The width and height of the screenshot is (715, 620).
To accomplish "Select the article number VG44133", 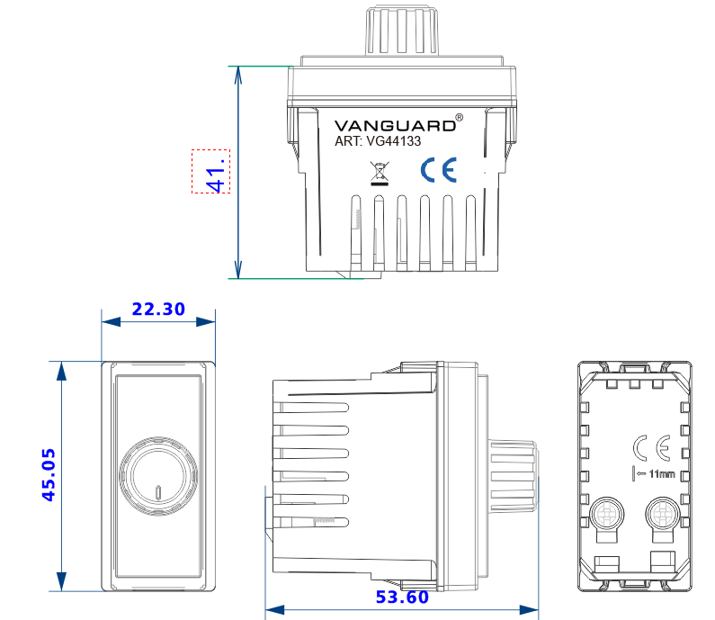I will (391, 141).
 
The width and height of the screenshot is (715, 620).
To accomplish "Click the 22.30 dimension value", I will (158, 310).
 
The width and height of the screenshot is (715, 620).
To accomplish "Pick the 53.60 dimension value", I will (402, 597).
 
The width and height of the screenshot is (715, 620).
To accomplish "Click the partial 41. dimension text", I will (213, 171).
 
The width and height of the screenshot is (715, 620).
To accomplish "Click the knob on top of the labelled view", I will (402, 31).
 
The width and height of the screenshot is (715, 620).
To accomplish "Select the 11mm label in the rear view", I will (660, 473).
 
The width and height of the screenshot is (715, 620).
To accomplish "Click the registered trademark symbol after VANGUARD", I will (460, 117).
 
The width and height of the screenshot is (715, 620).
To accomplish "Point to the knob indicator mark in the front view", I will (158, 492).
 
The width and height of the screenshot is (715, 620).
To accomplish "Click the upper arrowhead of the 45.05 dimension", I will (61, 370).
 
